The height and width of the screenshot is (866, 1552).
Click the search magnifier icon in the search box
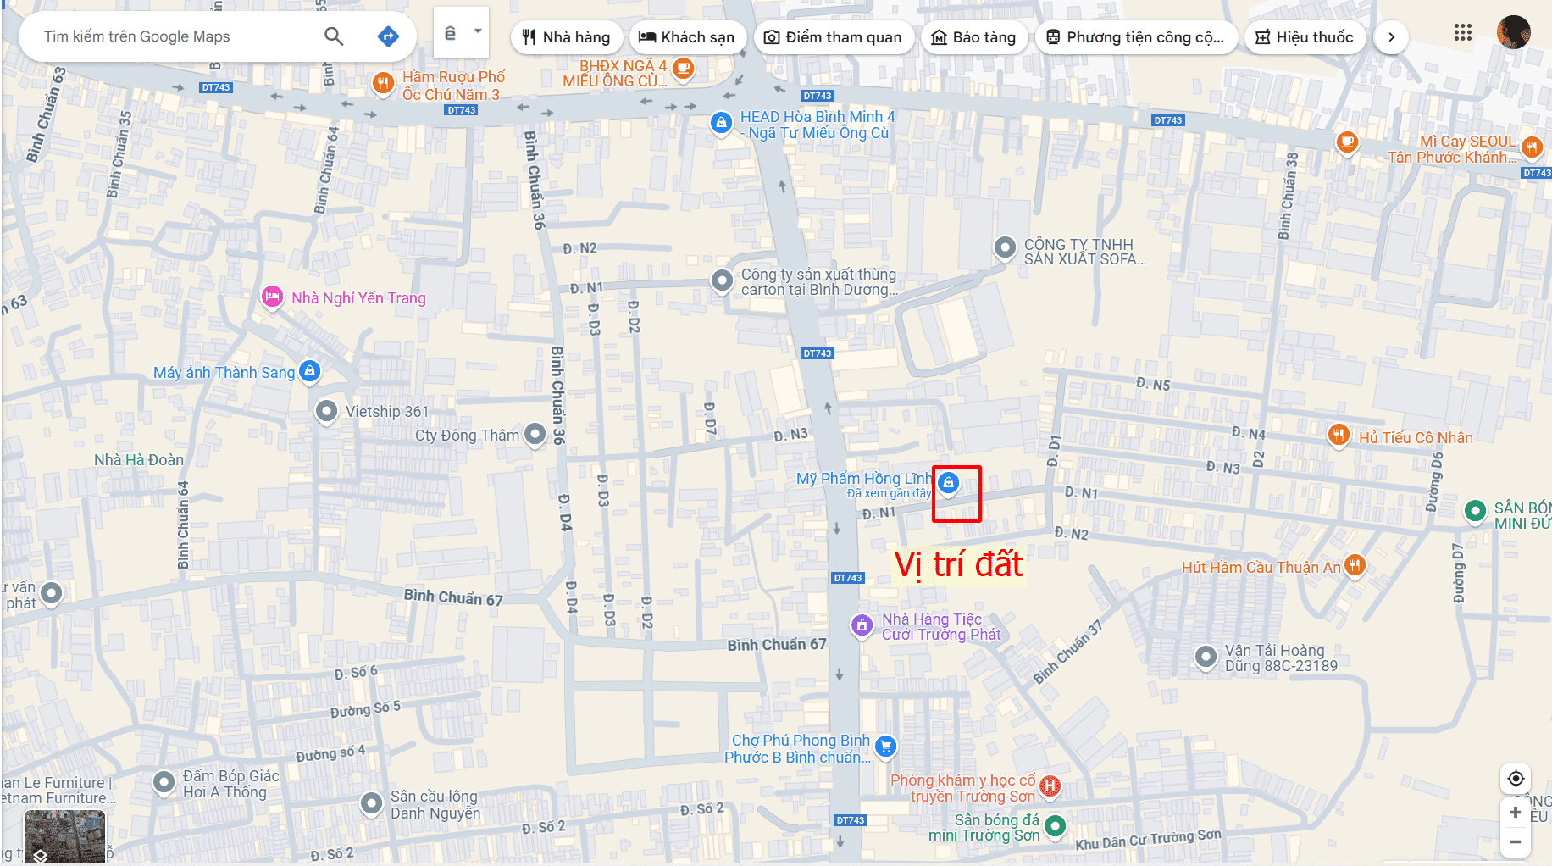pyautogui.click(x=334, y=36)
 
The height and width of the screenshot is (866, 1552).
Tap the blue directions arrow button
pyautogui.click(x=388, y=36)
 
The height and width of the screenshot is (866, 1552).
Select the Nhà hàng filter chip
pyautogui.click(x=566, y=37)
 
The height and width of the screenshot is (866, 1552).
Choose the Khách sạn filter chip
pyautogui.click(x=687, y=37)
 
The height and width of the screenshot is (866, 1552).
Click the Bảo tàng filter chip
pyautogui.click(x=973, y=37)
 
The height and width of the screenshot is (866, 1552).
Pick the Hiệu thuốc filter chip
pyautogui.click(x=1305, y=37)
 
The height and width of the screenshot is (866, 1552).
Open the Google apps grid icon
pyautogui.click(x=1462, y=33)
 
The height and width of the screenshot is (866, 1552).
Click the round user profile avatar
pyautogui.click(x=1513, y=33)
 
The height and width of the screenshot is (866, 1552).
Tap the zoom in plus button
pyautogui.click(x=1516, y=813)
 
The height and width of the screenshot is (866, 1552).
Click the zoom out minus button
pyautogui.click(x=1516, y=841)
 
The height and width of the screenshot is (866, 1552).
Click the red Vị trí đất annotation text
pyautogui.click(x=959, y=565)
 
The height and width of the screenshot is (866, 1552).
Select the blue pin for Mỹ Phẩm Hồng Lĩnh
pyautogui.click(x=949, y=483)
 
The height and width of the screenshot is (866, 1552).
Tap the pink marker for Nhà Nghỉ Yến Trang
pyautogui.click(x=272, y=297)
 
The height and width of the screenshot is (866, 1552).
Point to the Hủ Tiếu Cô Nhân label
pyautogui.click(x=1416, y=438)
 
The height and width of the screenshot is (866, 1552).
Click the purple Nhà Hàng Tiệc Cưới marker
pyautogui.click(x=862, y=625)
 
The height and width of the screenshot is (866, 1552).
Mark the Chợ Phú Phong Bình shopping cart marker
pyautogui.click(x=885, y=746)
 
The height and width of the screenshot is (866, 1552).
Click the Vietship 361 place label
pyautogui.click(x=387, y=412)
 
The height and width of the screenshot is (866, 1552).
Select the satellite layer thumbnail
pyautogui.click(x=64, y=835)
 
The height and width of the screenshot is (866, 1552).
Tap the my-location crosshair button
pyautogui.click(x=1516, y=778)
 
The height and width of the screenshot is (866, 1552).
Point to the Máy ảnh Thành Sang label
pyautogui.click(x=224, y=373)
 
